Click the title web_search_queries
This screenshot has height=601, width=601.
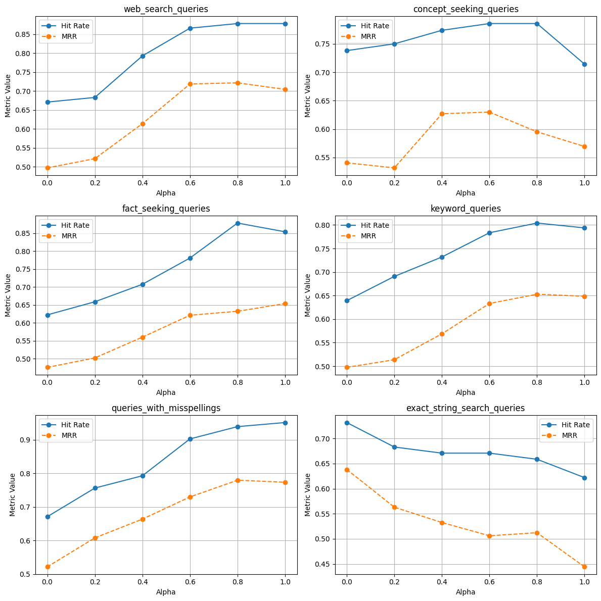(166, 9)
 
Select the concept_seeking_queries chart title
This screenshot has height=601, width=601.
(466, 9)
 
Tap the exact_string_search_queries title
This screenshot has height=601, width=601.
(466, 408)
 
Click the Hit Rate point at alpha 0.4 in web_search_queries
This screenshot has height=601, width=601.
(143, 56)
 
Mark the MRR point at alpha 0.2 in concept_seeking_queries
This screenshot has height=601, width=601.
(394, 168)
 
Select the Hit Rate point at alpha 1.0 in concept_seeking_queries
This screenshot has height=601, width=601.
(584, 64)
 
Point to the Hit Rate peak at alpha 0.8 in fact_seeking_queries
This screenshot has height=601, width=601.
(238, 223)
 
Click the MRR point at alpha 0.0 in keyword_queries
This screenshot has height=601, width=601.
(347, 367)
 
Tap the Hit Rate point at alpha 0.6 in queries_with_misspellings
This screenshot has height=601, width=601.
(190, 439)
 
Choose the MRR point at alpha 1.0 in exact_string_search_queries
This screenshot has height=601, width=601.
(584, 567)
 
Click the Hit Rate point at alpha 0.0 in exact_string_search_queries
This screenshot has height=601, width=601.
(347, 423)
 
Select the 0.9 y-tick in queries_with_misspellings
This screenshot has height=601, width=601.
(25, 440)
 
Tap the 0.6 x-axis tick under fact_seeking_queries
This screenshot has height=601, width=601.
(190, 382)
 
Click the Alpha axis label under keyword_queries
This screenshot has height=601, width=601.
(466, 392)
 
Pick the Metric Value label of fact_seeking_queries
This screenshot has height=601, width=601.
(9, 295)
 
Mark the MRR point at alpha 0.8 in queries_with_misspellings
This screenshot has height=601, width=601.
(238, 480)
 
